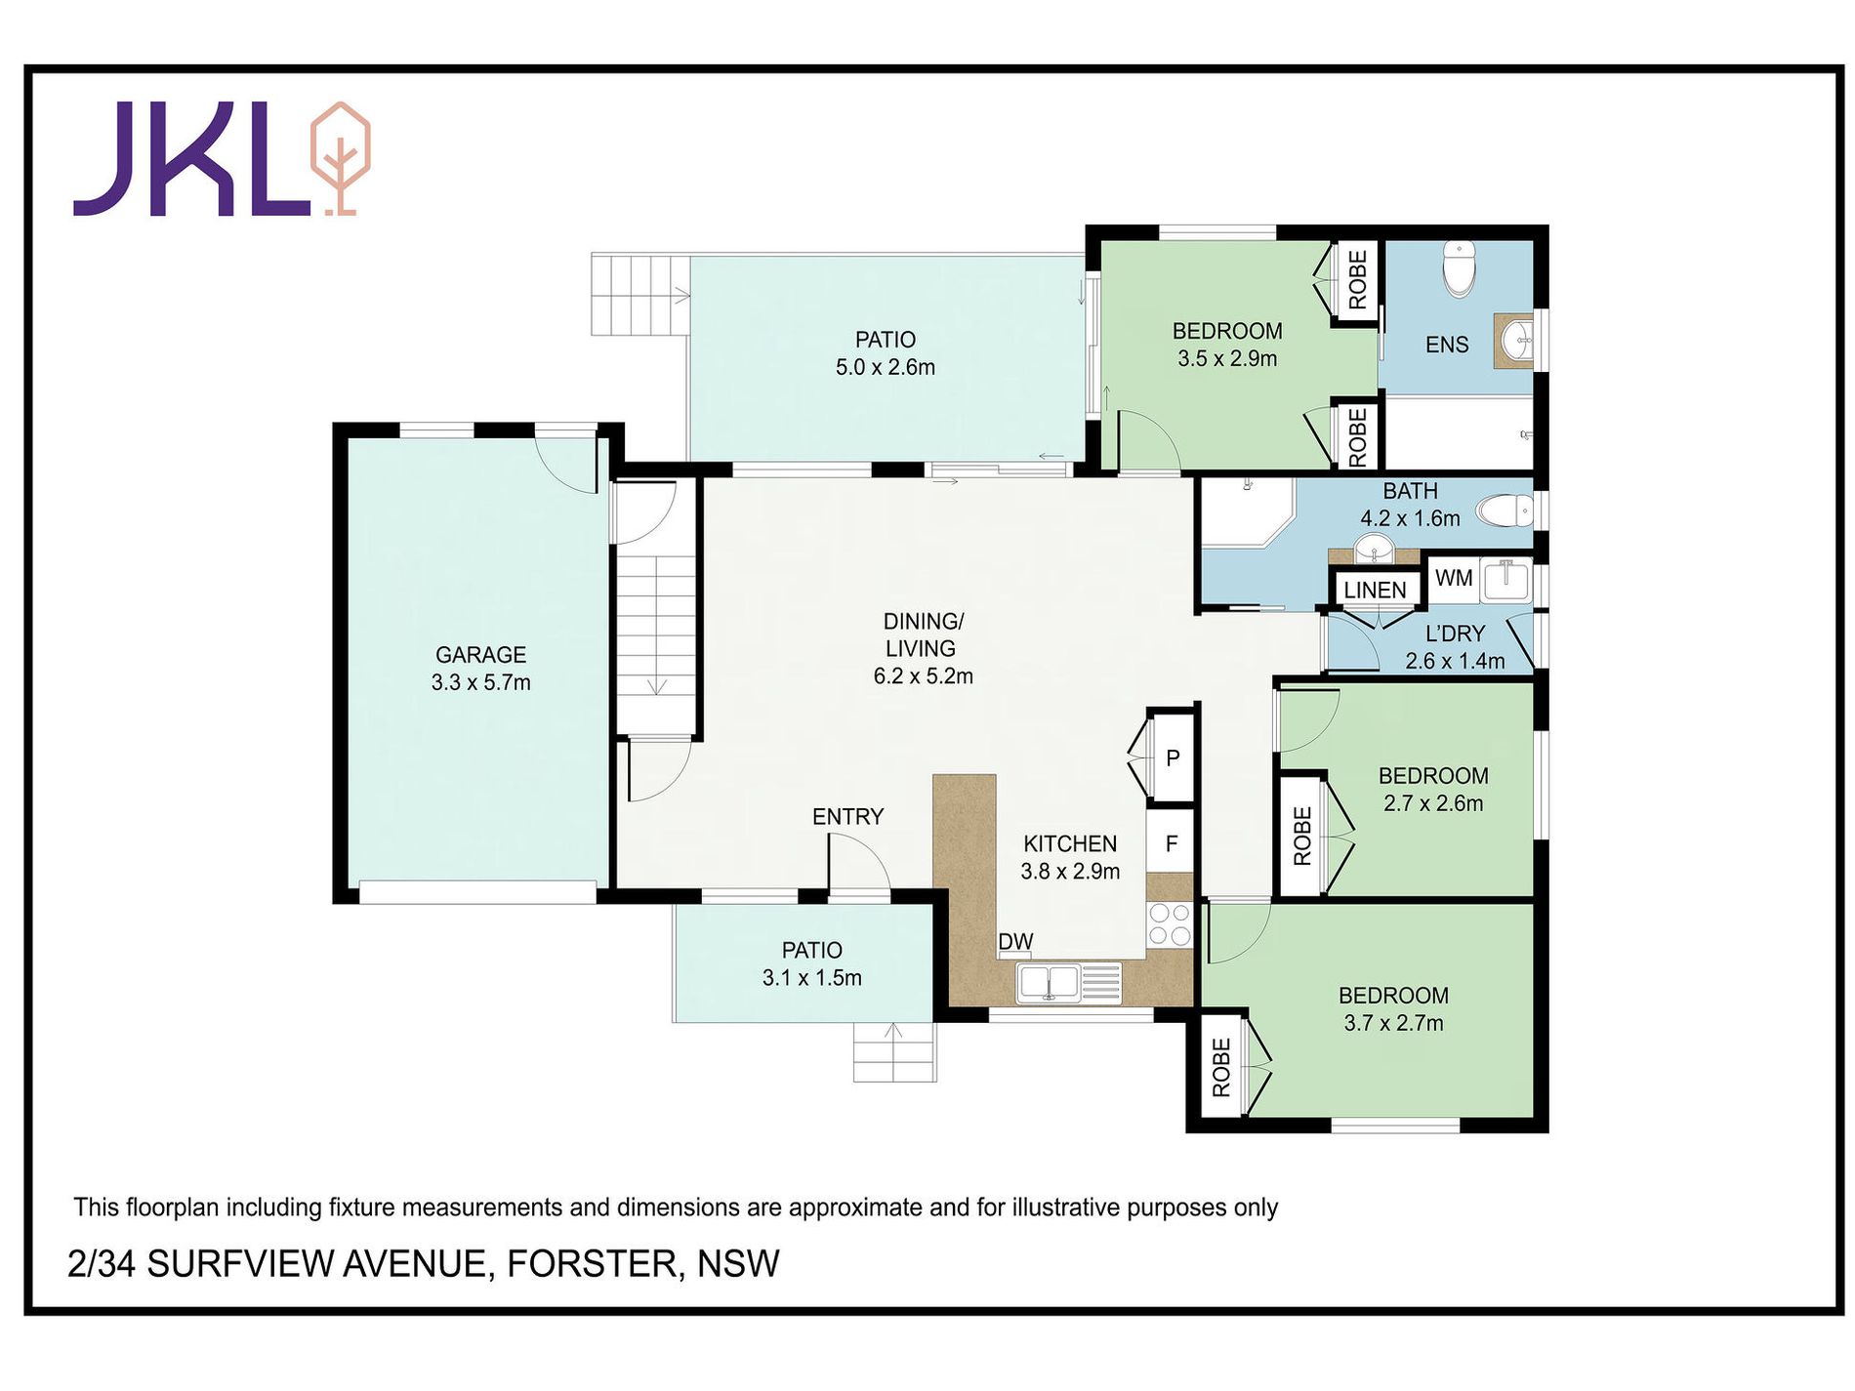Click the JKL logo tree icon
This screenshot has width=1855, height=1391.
pyautogui.click(x=340, y=157)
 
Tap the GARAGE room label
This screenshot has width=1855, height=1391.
pyautogui.click(x=480, y=655)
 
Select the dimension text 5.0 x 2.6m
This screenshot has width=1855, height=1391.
pyautogui.click(x=885, y=368)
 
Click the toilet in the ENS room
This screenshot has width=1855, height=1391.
pyautogui.click(x=1458, y=266)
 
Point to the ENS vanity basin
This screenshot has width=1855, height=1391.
pyautogui.click(x=1515, y=341)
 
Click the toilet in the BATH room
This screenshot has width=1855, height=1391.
pyautogui.click(x=1505, y=510)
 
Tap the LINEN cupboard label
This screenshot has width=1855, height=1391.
pyautogui.click(x=1375, y=590)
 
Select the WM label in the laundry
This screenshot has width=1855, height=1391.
pyautogui.click(x=1453, y=578)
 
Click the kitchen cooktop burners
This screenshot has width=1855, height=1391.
pyautogui.click(x=1169, y=924)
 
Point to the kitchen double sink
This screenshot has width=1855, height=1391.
pyautogui.click(x=1049, y=982)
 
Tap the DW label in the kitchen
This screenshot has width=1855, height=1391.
pyautogui.click(x=1015, y=942)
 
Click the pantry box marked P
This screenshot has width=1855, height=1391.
pyautogui.click(x=1173, y=757)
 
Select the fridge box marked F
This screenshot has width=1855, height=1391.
pyautogui.click(x=1172, y=843)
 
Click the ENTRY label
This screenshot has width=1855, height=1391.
pyautogui.click(x=847, y=817)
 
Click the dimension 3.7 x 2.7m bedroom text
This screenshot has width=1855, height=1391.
pyautogui.click(x=1393, y=1023)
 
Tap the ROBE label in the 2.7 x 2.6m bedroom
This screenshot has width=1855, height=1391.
pyautogui.click(x=1302, y=836)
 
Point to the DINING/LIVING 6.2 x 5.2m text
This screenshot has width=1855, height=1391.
pyautogui.click(x=923, y=648)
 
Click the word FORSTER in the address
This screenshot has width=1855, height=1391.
pyautogui.click(x=593, y=1264)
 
